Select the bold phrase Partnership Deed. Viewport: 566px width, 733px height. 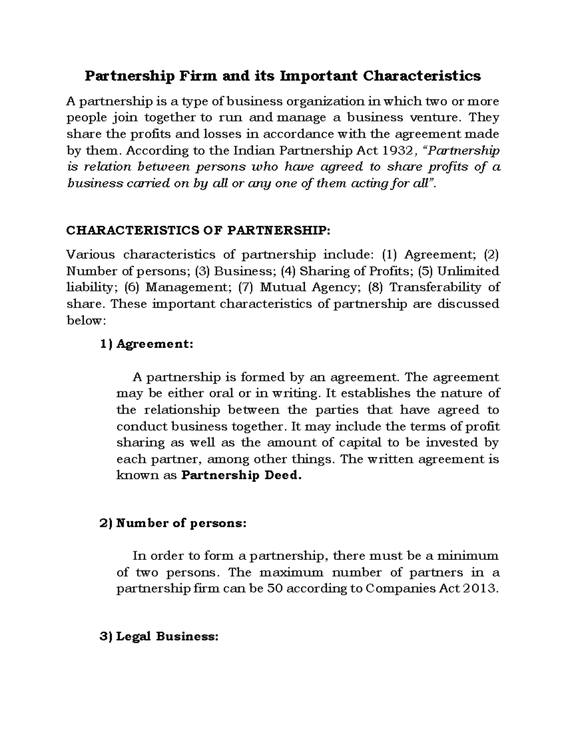(241, 475)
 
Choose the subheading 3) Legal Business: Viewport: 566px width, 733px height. (159, 637)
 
